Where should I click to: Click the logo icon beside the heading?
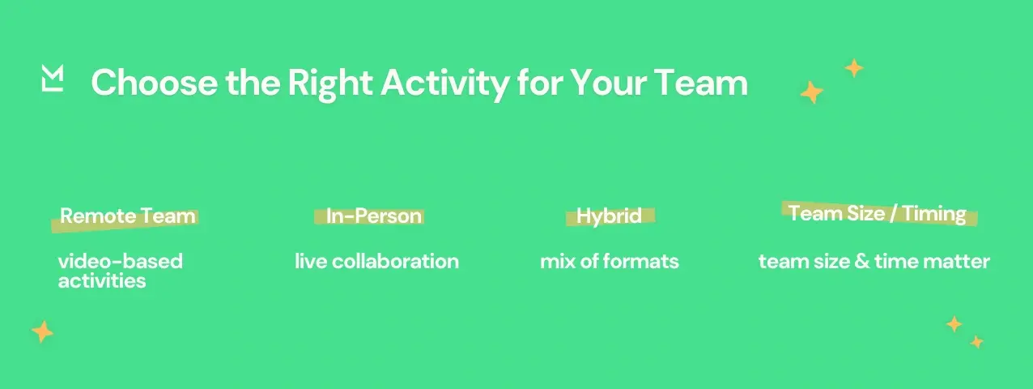point(52,79)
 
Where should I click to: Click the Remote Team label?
point(127,216)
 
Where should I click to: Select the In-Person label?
point(373,216)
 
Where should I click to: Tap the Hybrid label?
point(609,216)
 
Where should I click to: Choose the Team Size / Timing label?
point(877,213)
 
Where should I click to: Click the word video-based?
point(120,262)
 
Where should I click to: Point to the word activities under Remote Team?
point(102,281)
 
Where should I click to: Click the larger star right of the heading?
point(811,93)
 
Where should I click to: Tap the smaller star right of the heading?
point(854,68)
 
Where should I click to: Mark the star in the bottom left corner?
point(42,331)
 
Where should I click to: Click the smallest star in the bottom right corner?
point(977,342)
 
